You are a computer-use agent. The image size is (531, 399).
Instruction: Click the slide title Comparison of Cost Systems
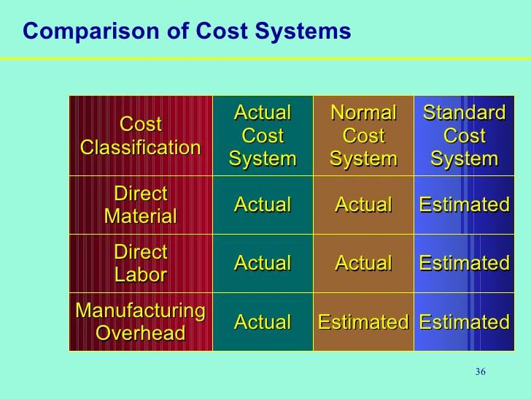coord(187,31)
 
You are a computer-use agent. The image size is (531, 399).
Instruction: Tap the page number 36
coord(480,373)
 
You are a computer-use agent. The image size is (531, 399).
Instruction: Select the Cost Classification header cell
coord(140,136)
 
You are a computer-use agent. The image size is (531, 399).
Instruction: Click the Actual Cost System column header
coord(263,136)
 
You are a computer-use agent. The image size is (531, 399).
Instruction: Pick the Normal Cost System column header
coord(363,136)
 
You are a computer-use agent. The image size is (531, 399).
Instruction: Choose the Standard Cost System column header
coord(464,136)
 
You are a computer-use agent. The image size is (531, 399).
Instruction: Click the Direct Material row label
coord(140,205)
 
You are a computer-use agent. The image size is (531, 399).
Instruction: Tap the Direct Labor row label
coord(140,263)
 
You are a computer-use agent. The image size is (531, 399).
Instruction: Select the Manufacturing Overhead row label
coord(140,322)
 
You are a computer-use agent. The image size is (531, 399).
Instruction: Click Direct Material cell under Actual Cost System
coord(263,205)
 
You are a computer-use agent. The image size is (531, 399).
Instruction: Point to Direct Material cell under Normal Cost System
coord(363,205)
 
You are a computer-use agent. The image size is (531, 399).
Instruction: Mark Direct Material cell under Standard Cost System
coord(464,205)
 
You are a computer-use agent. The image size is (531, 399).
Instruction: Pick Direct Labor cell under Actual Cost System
coord(263,263)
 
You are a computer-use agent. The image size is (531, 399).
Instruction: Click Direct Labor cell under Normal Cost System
coord(363,263)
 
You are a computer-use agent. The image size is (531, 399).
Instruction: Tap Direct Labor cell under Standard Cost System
coord(464,263)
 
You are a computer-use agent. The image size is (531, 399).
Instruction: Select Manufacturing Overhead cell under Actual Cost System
coord(263,322)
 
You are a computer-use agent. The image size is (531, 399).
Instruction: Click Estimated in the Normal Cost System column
coord(363,322)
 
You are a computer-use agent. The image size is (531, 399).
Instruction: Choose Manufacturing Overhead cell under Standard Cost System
coord(464,322)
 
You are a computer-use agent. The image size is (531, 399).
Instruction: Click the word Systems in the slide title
coord(307,31)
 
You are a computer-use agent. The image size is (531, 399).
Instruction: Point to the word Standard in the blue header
coord(464,113)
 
